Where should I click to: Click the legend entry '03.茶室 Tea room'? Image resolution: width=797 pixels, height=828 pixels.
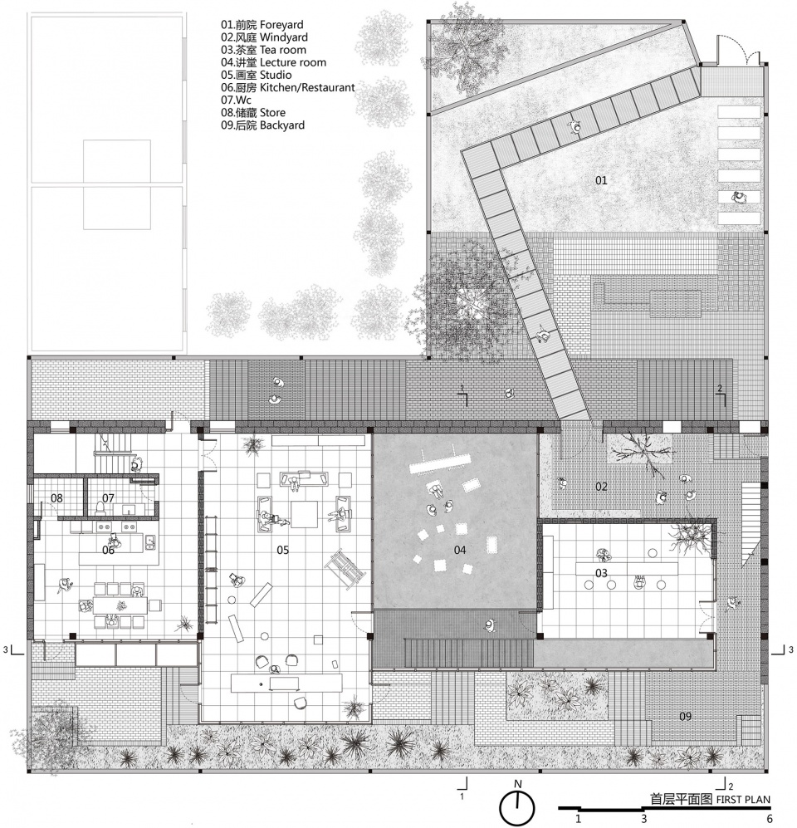tap(263, 50)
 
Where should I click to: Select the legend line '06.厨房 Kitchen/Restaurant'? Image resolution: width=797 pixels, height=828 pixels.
tap(287, 87)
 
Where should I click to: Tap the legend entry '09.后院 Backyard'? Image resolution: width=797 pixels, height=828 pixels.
tap(262, 125)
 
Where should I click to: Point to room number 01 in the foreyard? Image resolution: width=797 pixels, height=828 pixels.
tap(601, 180)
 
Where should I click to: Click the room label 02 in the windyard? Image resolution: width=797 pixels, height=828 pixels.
tap(601, 487)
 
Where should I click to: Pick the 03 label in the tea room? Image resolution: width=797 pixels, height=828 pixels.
tap(601, 573)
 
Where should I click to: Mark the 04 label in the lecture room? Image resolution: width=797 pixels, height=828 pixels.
tap(460, 551)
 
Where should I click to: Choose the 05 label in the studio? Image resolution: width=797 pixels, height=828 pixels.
tap(283, 551)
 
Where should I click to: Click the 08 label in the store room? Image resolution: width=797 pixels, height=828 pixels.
tap(56, 498)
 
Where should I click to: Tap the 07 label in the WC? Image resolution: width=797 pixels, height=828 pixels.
tap(108, 498)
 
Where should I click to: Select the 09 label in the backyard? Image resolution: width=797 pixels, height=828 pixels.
tap(685, 717)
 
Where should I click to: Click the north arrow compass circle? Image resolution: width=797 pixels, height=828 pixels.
tap(517, 808)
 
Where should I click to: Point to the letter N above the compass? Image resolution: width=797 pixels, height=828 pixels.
tap(518, 784)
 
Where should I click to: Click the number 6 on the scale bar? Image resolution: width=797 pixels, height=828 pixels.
tap(770, 819)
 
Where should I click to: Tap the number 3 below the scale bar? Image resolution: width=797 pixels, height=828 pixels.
tap(644, 819)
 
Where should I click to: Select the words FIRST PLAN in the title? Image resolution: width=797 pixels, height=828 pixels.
tap(743, 800)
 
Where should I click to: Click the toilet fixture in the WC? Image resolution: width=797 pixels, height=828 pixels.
tap(100, 507)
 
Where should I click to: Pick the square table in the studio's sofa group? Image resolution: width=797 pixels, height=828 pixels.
tap(304, 514)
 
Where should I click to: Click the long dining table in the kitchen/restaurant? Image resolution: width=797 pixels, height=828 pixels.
tap(120, 605)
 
